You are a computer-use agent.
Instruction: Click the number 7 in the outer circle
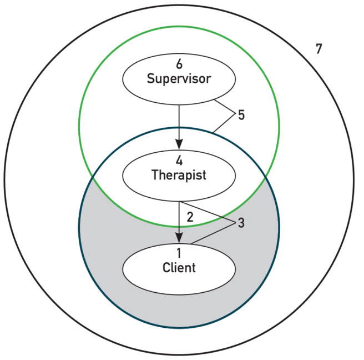tap(318, 49)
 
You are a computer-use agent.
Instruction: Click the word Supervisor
tap(179, 78)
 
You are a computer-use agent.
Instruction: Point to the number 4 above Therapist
tap(179, 161)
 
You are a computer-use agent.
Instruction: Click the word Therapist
tap(179, 175)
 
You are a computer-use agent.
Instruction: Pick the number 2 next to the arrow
tap(190, 217)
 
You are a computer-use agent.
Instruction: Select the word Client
tap(179, 268)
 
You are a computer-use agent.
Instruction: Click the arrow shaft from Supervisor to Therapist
tap(179, 119)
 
